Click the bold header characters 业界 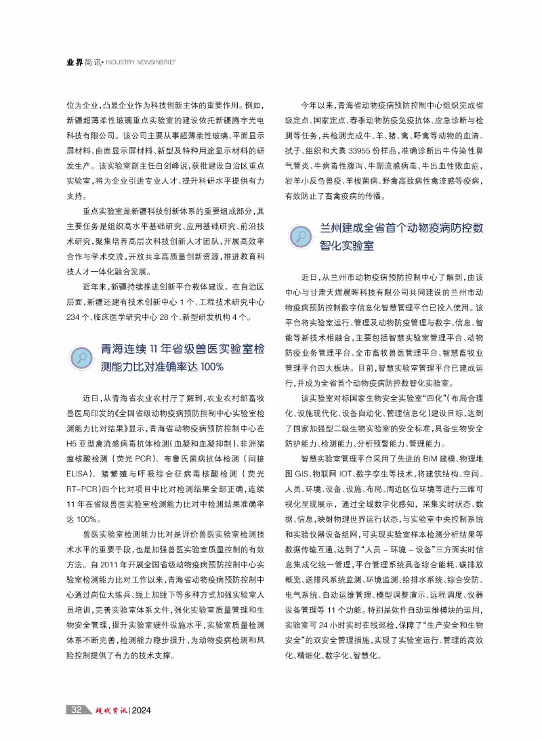[75, 61]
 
